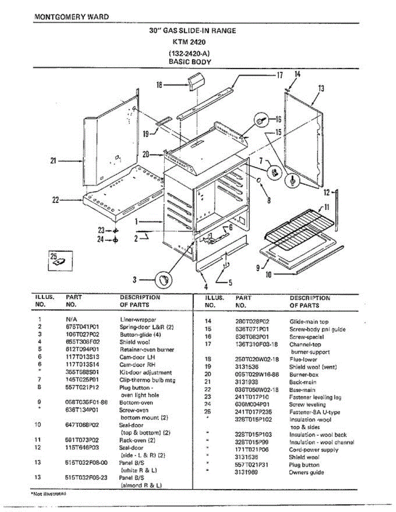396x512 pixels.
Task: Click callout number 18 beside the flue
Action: click(160, 85)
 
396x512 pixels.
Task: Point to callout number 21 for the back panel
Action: click(53, 161)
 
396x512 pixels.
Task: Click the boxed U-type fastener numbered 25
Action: click(59, 259)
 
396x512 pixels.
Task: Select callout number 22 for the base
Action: click(55, 199)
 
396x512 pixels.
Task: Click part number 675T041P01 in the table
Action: click(83, 327)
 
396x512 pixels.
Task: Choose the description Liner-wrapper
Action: click(138, 319)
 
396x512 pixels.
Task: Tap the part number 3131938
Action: click(246, 382)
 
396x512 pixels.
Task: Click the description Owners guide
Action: click(306, 472)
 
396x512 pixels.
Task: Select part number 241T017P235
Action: click(254, 412)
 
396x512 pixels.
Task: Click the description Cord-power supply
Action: click(314, 450)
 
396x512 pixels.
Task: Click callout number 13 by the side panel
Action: click(321, 88)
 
